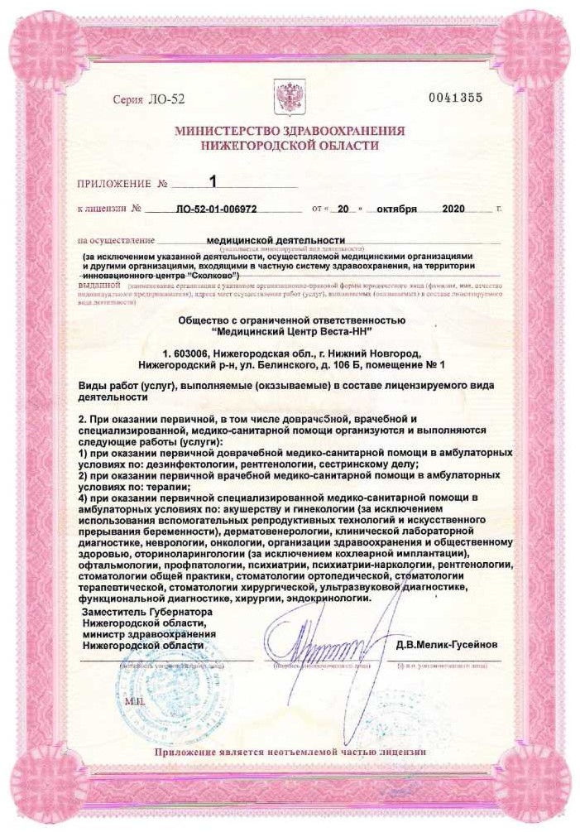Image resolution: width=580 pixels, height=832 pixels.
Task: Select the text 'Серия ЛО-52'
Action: [x=142, y=99]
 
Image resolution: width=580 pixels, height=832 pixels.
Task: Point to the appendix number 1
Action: [x=213, y=181]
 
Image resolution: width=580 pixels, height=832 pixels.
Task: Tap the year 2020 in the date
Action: [x=455, y=210]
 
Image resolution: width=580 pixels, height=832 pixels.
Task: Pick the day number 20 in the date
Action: [x=333, y=210]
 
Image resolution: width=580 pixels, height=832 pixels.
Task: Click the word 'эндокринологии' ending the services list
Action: [x=329, y=597]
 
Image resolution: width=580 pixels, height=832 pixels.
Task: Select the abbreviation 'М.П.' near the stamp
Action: [x=133, y=700]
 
